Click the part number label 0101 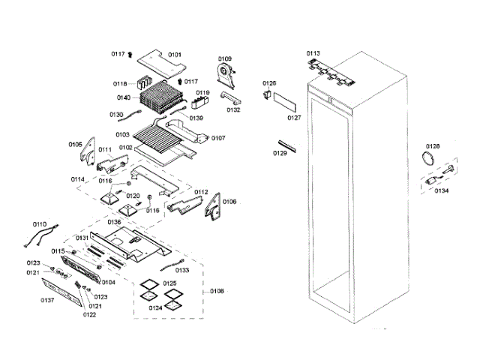pyautogui.click(x=174, y=54)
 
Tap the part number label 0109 pyautogui.click(x=225, y=58)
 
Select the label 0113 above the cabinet pyautogui.click(x=313, y=52)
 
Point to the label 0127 pyautogui.click(x=294, y=118)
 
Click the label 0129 pyautogui.click(x=279, y=153)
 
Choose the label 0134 pyautogui.click(x=441, y=190)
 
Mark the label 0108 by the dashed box pyautogui.click(x=216, y=290)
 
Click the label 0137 pyautogui.click(x=47, y=300)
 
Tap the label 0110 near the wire pyautogui.click(x=39, y=224)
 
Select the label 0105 pyautogui.click(x=75, y=144)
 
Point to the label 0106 pyautogui.click(x=229, y=201)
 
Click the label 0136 pyautogui.click(x=114, y=222)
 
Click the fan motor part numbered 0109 pyautogui.click(x=226, y=73)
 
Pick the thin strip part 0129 pyautogui.click(x=284, y=143)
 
